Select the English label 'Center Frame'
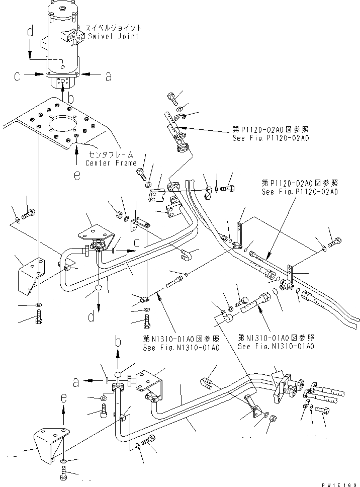click(x=111, y=164)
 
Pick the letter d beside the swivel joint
click(x=30, y=32)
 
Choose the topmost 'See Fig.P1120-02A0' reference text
click(x=269, y=137)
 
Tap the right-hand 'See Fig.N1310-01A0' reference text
click(x=276, y=347)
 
